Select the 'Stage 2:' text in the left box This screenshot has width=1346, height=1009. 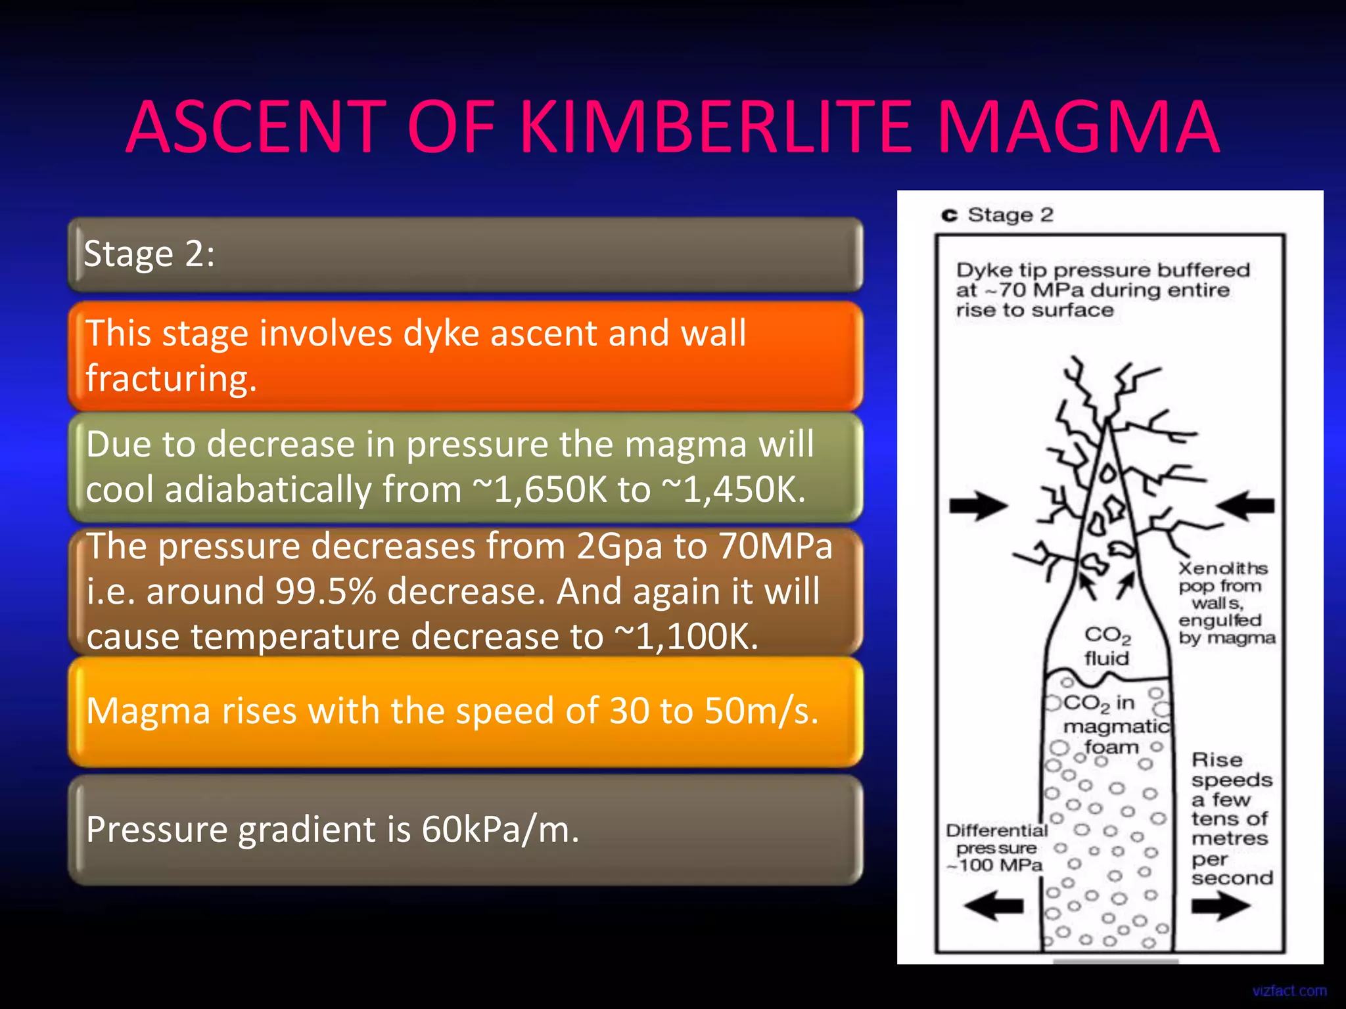click(x=149, y=254)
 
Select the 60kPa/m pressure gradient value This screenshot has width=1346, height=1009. click(x=499, y=830)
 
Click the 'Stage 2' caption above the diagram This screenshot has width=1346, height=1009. click(x=1009, y=215)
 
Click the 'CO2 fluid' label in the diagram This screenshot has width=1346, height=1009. click(x=1107, y=646)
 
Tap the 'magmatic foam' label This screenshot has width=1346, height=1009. click(x=1115, y=736)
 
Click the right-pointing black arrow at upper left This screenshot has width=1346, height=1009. click(x=978, y=505)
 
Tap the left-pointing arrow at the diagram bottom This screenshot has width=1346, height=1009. click(x=994, y=907)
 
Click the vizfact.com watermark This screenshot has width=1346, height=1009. click(x=1289, y=991)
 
